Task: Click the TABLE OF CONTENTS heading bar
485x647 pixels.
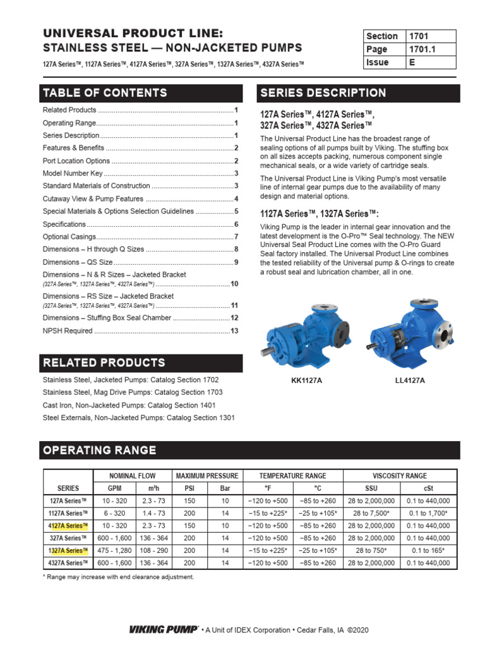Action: click(141, 93)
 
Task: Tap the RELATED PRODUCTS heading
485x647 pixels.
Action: click(141, 363)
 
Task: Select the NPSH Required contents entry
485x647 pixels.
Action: click(140, 330)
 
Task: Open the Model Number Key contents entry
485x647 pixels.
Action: click(140, 173)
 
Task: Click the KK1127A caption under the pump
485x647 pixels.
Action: click(305, 380)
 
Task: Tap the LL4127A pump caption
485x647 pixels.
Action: click(409, 380)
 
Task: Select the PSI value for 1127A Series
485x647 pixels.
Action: click(189, 513)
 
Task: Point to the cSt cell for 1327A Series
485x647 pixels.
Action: click(429, 550)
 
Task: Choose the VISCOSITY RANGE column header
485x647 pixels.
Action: click(400, 476)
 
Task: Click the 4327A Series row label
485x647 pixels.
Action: click(68, 563)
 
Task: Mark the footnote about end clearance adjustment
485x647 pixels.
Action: click(118, 577)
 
